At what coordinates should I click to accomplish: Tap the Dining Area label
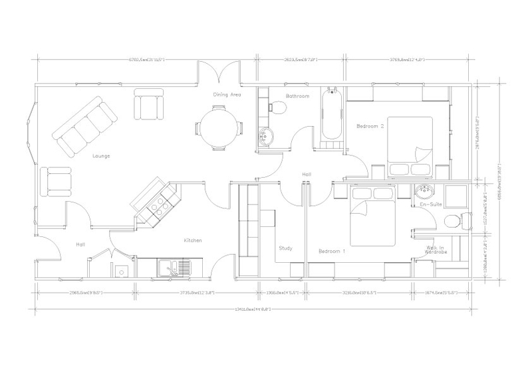[227, 95]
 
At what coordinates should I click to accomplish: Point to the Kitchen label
[193, 240]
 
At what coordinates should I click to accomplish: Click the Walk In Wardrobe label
[436, 250]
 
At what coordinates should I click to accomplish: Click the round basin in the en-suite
[424, 193]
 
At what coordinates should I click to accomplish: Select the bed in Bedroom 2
[407, 141]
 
